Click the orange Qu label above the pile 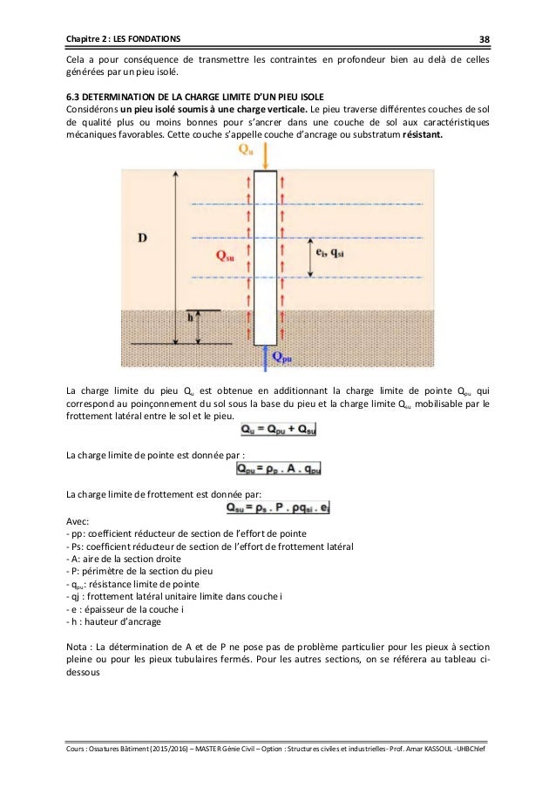tap(247, 149)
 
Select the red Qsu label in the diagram tap(225, 255)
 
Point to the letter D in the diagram tap(142, 237)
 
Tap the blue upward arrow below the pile tap(267, 356)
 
